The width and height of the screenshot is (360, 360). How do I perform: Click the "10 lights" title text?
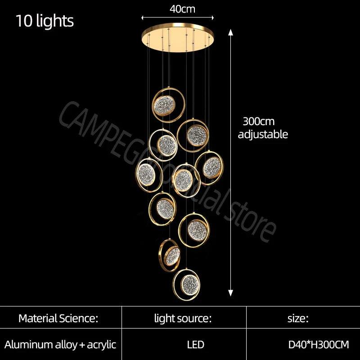[45, 21]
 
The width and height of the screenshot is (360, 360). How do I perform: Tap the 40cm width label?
[182, 9]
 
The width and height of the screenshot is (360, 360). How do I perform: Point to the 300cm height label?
[258, 121]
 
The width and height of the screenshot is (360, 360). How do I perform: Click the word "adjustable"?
[263, 134]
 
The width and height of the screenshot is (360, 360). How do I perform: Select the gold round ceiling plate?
[178, 37]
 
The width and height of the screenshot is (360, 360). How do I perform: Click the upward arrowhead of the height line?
[230, 32]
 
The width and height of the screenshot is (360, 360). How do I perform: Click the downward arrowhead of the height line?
[230, 293]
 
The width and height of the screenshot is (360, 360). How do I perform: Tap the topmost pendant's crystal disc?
[164, 106]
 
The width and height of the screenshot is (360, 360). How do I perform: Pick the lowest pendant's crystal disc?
[190, 285]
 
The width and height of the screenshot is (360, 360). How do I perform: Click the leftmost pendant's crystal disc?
[146, 175]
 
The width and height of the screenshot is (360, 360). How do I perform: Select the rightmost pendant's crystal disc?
[212, 167]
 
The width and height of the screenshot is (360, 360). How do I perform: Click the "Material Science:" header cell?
[58, 319]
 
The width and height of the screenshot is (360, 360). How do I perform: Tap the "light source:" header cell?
[183, 319]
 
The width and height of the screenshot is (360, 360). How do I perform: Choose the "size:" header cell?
[298, 319]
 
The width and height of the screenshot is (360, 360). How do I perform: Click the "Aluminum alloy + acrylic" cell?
[60, 345]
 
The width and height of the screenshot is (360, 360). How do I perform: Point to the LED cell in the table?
[195, 345]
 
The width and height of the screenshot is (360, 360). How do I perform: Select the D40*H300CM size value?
[319, 345]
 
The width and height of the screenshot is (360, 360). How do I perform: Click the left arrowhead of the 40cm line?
[143, 18]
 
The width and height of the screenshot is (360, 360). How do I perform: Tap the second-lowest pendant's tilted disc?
[172, 256]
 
